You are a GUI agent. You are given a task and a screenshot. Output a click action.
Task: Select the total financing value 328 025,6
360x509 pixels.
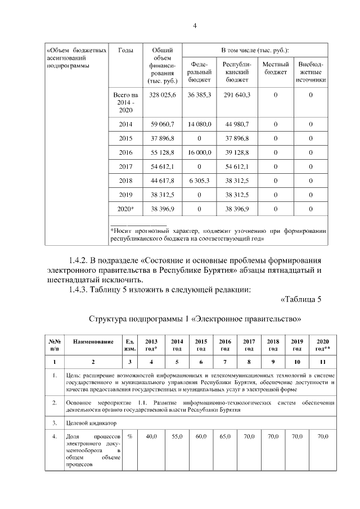click(163, 96)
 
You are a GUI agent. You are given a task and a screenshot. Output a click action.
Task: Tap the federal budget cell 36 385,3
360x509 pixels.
click(199, 96)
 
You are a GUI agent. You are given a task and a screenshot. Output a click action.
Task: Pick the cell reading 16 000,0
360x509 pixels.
click(199, 152)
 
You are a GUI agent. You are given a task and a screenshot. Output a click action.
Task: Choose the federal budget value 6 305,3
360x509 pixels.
click(199, 181)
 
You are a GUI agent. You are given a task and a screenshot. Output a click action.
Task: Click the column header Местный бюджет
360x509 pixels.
click(276, 69)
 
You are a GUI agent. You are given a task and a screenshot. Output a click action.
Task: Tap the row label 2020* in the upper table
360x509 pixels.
click(126, 209)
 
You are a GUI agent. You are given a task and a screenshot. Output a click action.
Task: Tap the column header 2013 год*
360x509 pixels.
click(151, 345)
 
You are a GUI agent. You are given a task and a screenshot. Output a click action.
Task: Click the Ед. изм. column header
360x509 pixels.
click(130, 345)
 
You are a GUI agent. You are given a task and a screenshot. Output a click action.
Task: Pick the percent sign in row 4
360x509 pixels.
click(130, 436)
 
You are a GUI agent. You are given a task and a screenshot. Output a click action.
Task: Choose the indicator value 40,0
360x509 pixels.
click(151, 436)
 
